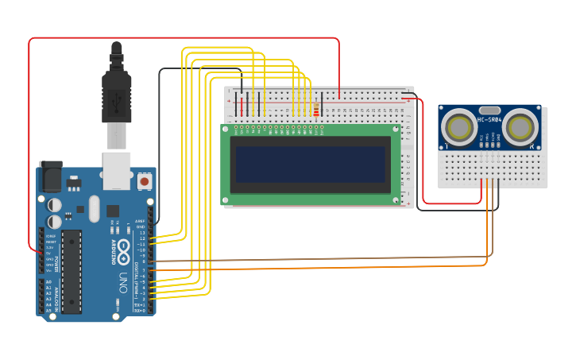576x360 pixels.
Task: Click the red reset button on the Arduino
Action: (144, 181)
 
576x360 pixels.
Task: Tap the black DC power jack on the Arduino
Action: (51, 176)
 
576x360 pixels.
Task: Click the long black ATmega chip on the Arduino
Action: (72, 271)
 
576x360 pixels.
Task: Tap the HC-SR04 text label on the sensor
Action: (489, 119)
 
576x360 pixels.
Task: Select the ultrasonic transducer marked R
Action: (520, 126)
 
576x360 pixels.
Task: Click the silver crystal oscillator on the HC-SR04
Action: (490, 110)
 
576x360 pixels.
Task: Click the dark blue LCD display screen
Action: (309, 164)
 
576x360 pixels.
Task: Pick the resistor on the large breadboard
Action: (317, 110)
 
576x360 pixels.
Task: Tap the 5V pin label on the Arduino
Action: (49, 254)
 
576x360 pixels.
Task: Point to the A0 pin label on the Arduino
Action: (48, 282)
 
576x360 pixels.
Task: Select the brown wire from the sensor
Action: (318, 259)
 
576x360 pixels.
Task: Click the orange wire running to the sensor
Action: (318, 269)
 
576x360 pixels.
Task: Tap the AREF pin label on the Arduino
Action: (140, 221)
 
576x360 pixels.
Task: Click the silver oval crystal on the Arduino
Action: (94, 210)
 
